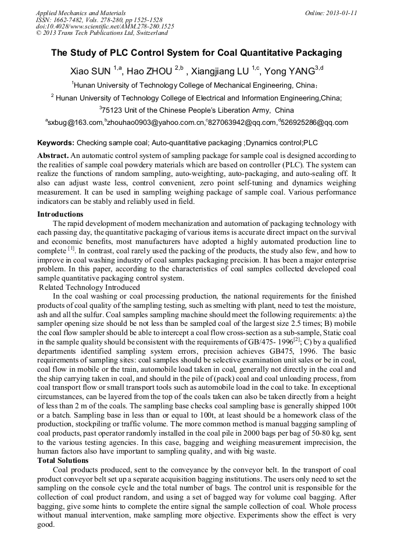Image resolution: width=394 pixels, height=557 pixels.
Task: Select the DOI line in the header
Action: click(x=105, y=26)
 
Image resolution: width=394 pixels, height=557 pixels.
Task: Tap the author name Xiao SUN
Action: click(x=91, y=72)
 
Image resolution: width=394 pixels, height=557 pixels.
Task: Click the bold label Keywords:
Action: click(x=56, y=142)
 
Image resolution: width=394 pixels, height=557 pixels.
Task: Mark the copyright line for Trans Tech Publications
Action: click(x=102, y=33)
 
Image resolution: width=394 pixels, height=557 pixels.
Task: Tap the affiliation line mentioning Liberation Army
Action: click(x=196, y=110)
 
